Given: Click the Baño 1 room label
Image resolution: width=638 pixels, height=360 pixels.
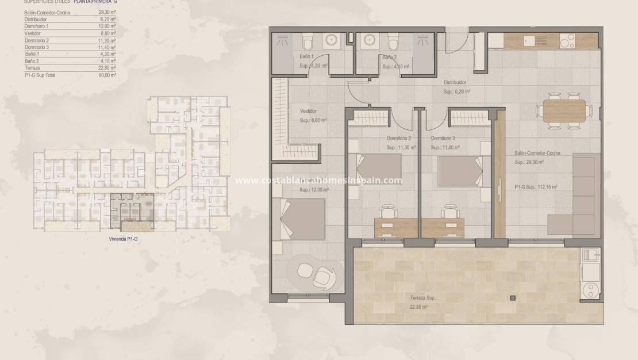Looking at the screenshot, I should tap(307, 56).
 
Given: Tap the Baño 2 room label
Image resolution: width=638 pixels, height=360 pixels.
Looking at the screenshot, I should tap(389, 57).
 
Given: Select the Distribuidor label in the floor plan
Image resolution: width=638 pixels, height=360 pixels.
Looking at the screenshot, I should tap(455, 82).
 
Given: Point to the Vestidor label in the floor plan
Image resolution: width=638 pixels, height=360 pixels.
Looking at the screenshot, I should tap(308, 111).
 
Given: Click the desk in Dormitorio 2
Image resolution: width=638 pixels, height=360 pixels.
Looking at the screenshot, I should tap(396, 227).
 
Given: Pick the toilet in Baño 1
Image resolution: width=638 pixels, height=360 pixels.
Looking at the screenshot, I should tap(308, 43).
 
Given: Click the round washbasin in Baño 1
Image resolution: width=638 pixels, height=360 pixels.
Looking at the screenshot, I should tap(332, 40).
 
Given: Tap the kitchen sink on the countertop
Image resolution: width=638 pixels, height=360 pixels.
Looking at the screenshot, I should tap(529, 41).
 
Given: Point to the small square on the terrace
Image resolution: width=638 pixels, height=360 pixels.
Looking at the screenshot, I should tap(512, 298).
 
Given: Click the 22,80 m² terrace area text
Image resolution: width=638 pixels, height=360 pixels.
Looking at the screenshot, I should tap(419, 307).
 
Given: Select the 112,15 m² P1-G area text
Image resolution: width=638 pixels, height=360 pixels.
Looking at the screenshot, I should tap(537, 187).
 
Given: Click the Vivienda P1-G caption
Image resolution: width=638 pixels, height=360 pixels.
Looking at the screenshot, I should tap(124, 238).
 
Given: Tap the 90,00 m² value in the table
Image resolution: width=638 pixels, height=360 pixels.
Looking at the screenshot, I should tap(107, 75).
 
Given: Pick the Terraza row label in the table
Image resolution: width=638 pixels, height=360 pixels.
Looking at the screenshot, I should tap(32, 68).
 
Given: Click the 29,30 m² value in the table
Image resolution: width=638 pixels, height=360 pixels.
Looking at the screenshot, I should tap(107, 12).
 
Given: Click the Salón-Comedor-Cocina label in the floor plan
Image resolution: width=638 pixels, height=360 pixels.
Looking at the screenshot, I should tap(537, 153).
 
